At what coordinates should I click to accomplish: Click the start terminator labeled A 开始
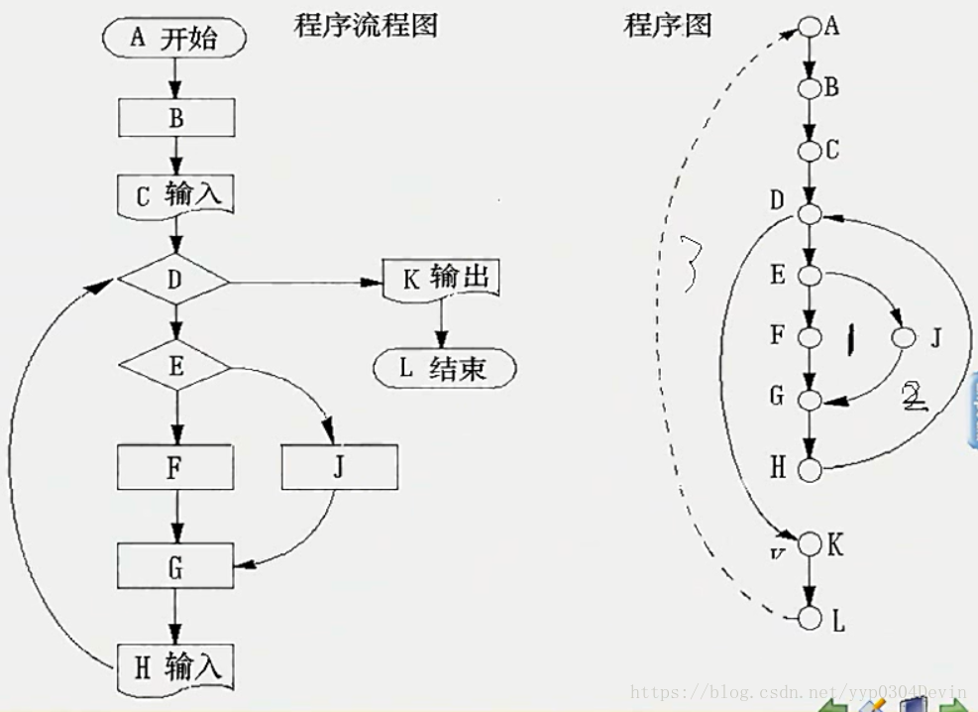[x=173, y=39]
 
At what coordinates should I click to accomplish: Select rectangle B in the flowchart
[x=176, y=118]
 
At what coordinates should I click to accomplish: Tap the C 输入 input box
[x=176, y=195]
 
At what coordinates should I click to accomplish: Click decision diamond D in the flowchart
[x=174, y=282]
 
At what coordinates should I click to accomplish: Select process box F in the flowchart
[x=175, y=467]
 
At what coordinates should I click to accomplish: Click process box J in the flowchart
[x=339, y=467]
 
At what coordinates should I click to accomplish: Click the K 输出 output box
[x=439, y=279]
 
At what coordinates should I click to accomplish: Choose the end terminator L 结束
[x=445, y=369]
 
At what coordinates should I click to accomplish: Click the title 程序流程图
[x=366, y=25]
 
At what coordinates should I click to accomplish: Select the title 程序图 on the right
[x=668, y=25]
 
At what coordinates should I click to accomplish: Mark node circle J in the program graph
[x=903, y=337]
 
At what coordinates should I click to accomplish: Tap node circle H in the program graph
[x=812, y=469]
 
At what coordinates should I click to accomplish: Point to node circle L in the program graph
[x=812, y=620]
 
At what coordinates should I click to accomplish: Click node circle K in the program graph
[x=812, y=543]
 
